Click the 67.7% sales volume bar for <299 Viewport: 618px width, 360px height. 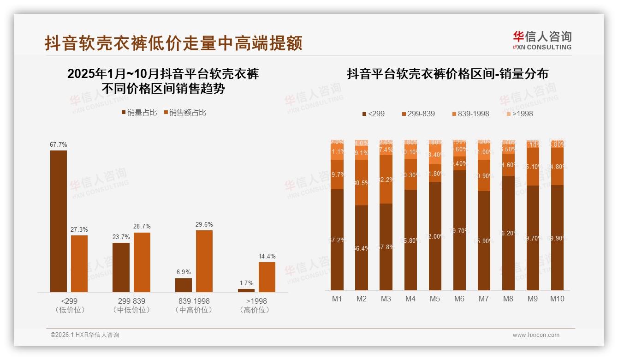coord(59,221)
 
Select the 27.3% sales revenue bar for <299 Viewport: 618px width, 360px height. coord(79,264)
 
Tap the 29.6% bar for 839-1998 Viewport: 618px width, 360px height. coord(204,261)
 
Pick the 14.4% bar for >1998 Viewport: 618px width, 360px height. coord(267,277)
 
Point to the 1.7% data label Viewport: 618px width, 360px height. coord(246,283)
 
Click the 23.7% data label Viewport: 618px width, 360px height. coord(121,237)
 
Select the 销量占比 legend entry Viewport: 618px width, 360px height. coord(139,113)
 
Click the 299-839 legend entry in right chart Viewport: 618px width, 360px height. coord(418,114)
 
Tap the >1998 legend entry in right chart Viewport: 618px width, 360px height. coord(519,114)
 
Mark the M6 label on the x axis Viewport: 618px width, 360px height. coord(459,299)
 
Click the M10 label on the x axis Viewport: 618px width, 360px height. coord(557,299)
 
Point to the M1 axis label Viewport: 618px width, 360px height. coord(337,299)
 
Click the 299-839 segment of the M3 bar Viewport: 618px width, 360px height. coord(386,179)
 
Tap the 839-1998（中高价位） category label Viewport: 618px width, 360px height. coord(194,306)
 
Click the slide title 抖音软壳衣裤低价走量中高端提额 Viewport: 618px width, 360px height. coord(173,43)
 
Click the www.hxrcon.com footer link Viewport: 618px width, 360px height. coord(536,335)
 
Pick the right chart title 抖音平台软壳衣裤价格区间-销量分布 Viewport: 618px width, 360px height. coord(447,74)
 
